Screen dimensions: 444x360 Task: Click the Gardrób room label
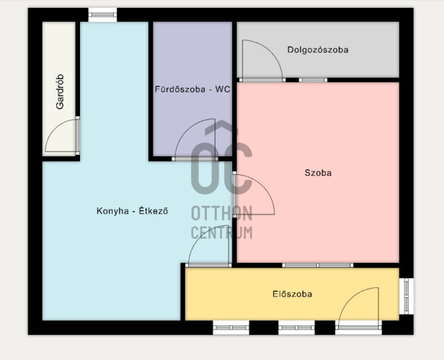click(60, 91)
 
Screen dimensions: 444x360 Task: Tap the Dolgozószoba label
click(318, 50)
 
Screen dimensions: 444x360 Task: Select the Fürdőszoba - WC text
click(192, 89)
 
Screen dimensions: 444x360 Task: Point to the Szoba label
click(318, 173)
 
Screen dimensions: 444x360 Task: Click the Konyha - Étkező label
click(132, 211)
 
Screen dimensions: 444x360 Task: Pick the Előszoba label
click(292, 294)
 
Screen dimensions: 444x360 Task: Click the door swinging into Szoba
click(265, 186)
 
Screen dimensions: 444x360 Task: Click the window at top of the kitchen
click(102, 14)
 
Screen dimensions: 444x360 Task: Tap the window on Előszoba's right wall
click(407, 296)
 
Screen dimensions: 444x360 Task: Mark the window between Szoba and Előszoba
click(318, 265)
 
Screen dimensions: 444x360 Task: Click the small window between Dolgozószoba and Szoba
click(313, 80)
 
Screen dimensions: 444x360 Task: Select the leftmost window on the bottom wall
click(231, 328)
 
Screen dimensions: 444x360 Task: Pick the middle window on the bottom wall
click(296, 328)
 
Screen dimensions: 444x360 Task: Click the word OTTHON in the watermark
click(222, 214)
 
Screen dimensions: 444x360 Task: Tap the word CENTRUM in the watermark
click(222, 233)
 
